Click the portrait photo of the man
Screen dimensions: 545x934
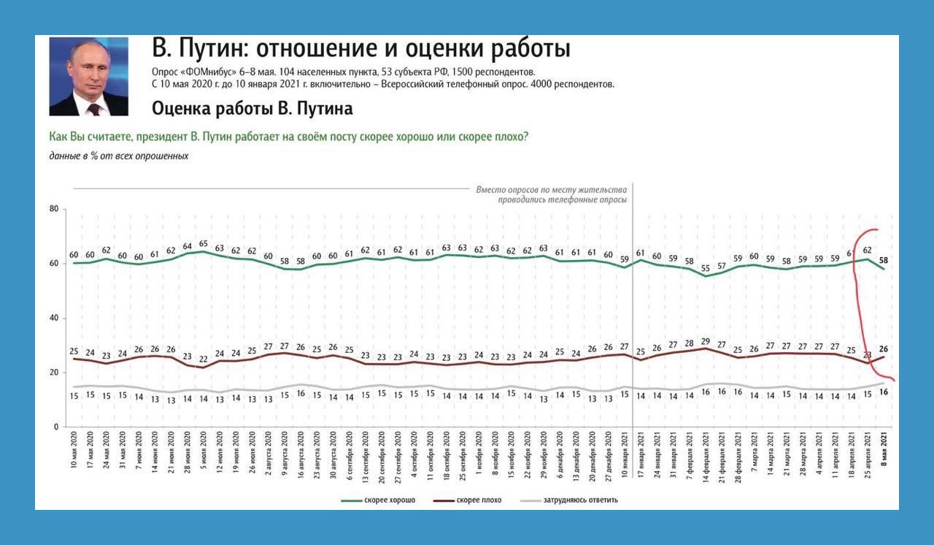[88, 77]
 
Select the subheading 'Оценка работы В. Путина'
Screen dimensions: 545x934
[252, 109]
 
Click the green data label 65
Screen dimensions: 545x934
[204, 243]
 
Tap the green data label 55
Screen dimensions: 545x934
[705, 268]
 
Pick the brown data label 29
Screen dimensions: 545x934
[705, 341]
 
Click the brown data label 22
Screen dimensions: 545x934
[204, 359]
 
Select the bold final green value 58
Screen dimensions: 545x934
[884, 260]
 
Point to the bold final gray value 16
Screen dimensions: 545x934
[884, 392]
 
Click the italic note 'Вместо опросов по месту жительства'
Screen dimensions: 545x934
[552, 189]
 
